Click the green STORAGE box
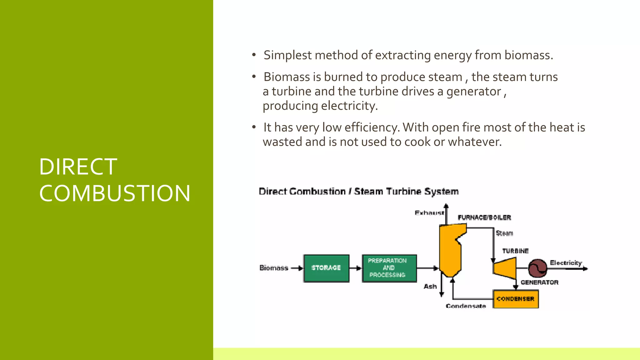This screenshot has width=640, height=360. click(x=326, y=268)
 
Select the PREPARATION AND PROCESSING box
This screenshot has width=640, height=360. click(x=389, y=268)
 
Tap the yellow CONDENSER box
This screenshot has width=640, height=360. click(x=516, y=299)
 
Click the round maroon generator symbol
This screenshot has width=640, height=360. click(x=537, y=268)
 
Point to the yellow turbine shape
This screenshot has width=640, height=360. click(x=506, y=268)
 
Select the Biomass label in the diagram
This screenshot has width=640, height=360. click(x=274, y=268)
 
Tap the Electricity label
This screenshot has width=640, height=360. click(x=566, y=263)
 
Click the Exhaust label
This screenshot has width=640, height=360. click(x=429, y=213)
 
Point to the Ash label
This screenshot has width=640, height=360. click(x=430, y=286)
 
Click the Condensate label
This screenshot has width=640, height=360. click(x=466, y=306)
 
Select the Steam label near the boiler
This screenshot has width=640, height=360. click(x=504, y=233)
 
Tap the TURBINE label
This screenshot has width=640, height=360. click(x=515, y=251)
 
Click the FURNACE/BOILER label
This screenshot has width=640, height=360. click(x=484, y=217)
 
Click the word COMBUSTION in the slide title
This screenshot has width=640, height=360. click(x=115, y=193)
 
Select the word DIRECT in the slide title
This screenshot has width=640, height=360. click(x=78, y=167)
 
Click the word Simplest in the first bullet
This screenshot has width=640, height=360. click(x=287, y=55)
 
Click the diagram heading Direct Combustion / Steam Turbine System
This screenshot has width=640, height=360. click(x=358, y=191)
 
